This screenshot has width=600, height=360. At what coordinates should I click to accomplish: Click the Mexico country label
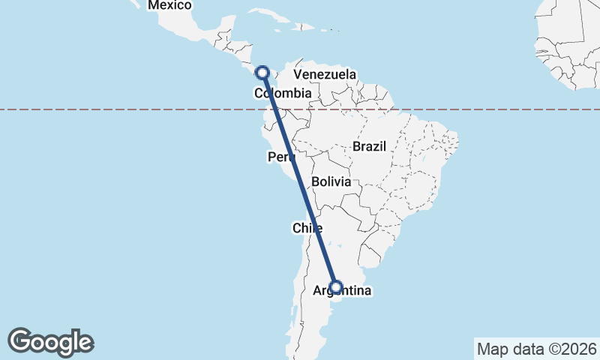[169, 6]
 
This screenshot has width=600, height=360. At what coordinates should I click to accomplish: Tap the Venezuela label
[325, 75]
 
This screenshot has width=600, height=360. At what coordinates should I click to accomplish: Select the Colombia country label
[283, 94]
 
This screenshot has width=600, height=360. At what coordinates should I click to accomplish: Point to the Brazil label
[369, 147]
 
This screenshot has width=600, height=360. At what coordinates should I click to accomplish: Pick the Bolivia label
[331, 182]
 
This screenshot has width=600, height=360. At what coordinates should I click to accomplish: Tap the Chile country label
[307, 228]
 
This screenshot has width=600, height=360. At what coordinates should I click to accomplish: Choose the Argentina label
[341, 290]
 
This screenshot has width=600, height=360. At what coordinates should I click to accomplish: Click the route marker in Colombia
[262, 73]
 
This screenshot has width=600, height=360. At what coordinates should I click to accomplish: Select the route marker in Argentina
[336, 286]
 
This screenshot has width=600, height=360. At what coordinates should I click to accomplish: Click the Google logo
[50, 342]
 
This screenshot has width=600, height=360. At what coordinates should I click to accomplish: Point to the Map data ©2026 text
[536, 349]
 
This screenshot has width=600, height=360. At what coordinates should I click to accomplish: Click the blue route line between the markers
[299, 180]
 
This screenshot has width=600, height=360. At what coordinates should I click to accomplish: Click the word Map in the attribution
[492, 349]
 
